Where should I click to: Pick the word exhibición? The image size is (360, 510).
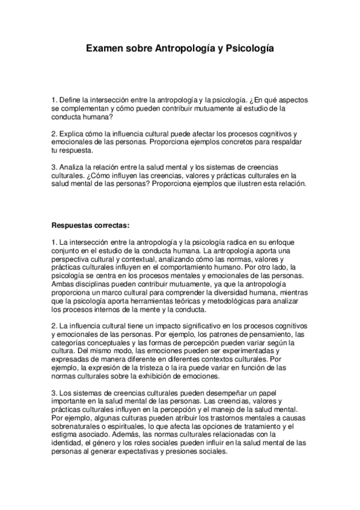click(x=153, y=376)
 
